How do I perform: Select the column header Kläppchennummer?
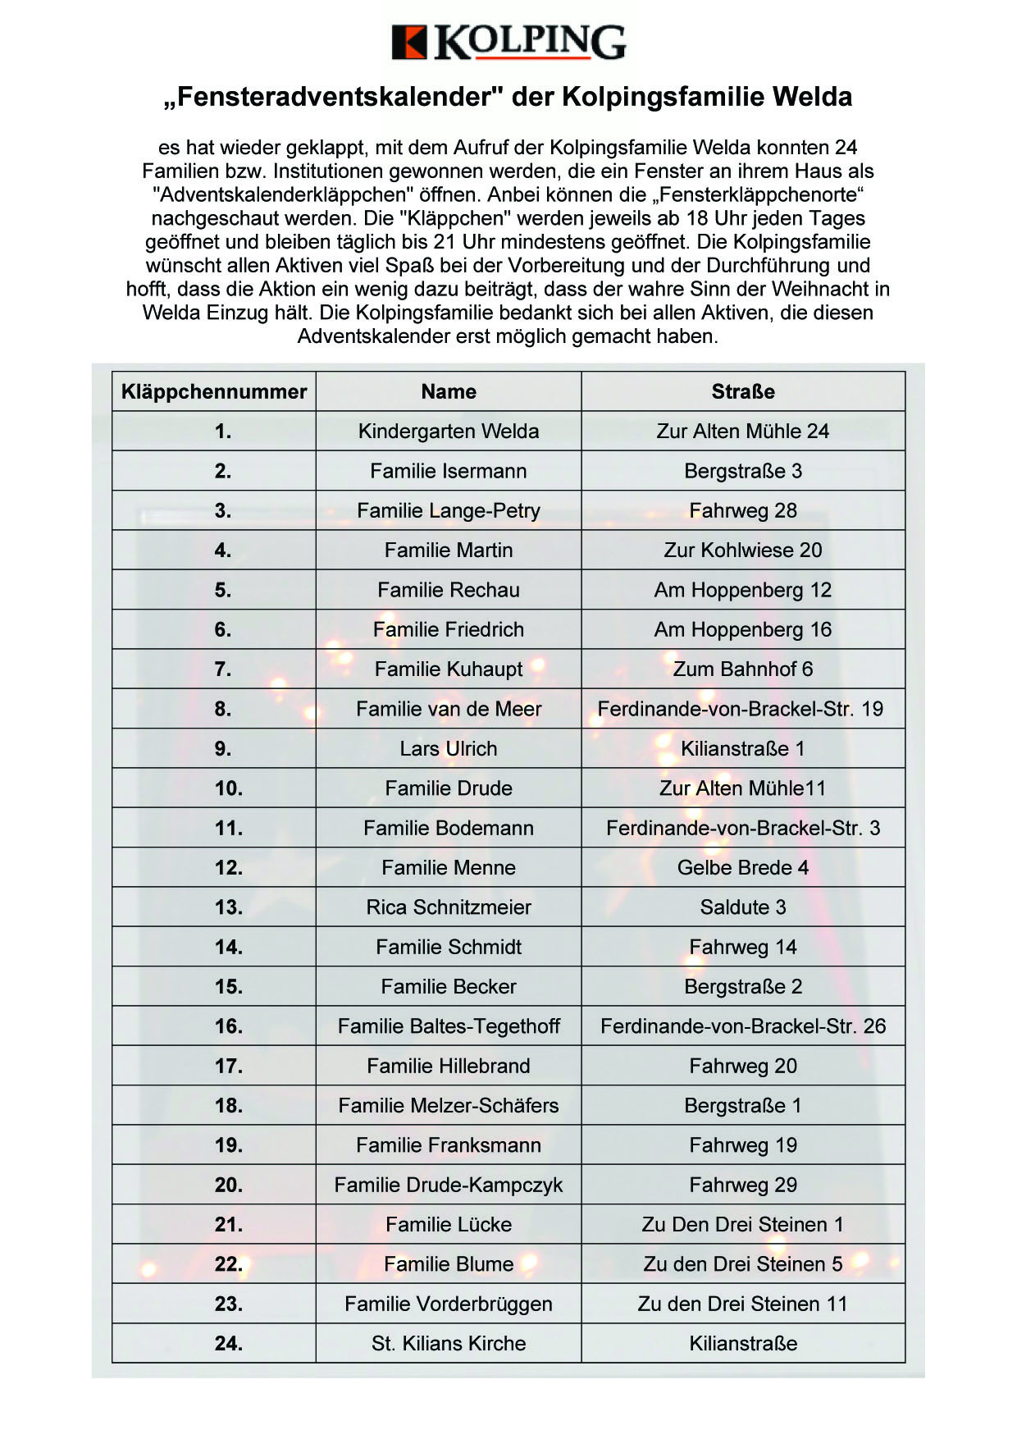click(x=214, y=391)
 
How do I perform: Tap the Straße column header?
click(x=743, y=391)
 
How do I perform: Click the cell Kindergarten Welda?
click(x=449, y=432)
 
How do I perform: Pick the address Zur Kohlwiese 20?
click(x=743, y=550)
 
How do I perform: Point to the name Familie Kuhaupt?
click(x=449, y=669)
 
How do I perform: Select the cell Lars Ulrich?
click(x=449, y=749)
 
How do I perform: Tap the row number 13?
click(x=229, y=907)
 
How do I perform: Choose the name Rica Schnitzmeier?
click(x=449, y=907)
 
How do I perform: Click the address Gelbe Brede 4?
click(x=743, y=868)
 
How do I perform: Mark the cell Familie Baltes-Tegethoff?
click(x=449, y=1026)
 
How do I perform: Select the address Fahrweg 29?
click(x=743, y=1185)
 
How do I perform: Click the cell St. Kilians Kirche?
click(x=449, y=1344)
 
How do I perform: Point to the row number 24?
click(x=229, y=1344)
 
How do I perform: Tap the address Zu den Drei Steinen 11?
click(x=743, y=1304)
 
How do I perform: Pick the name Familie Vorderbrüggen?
click(x=449, y=1304)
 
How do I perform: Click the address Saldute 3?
click(x=743, y=907)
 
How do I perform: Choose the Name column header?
click(x=449, y=391)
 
